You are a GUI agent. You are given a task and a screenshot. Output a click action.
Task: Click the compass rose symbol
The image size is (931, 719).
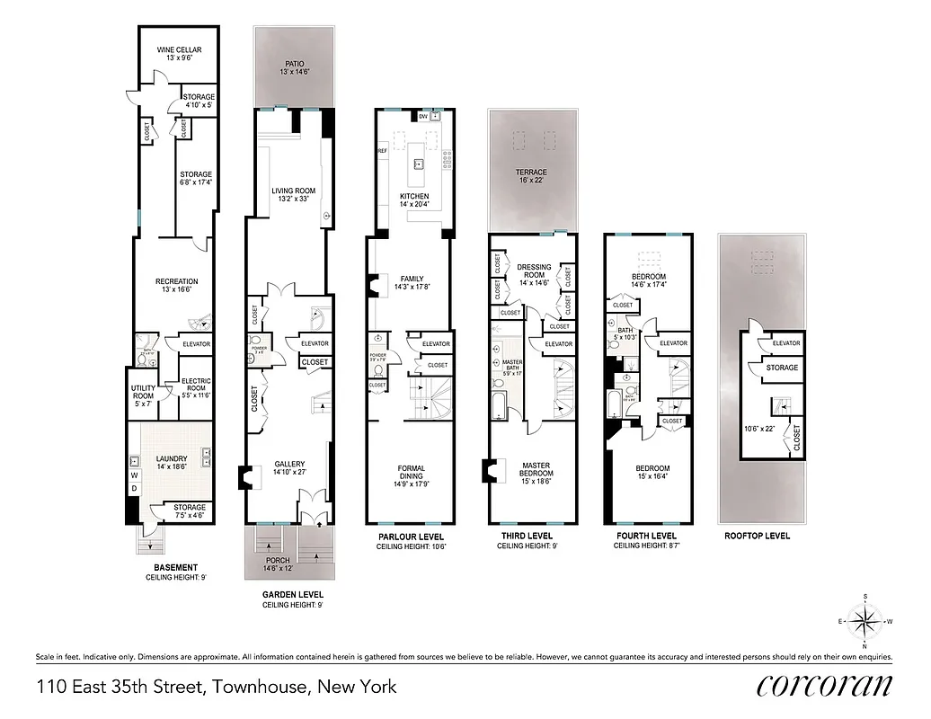[865, 621]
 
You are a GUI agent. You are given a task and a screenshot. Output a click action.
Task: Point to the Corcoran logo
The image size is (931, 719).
[825, 685]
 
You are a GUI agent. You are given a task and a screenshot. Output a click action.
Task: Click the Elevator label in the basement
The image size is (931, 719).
[196, 344]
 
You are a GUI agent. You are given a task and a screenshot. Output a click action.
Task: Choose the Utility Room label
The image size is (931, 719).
[145, 392]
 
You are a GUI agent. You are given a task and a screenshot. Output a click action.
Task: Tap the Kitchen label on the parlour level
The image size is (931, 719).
[414, 197]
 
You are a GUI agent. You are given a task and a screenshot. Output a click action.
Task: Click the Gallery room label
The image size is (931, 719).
[289, 465]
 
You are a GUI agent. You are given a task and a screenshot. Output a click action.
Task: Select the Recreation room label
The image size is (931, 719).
[176, 282]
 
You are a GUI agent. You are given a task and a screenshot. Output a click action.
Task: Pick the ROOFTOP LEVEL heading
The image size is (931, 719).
[757, 537]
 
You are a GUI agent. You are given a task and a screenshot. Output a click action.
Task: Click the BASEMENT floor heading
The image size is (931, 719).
[175, 567]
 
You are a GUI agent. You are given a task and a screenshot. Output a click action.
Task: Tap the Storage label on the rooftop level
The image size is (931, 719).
[782, 368]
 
